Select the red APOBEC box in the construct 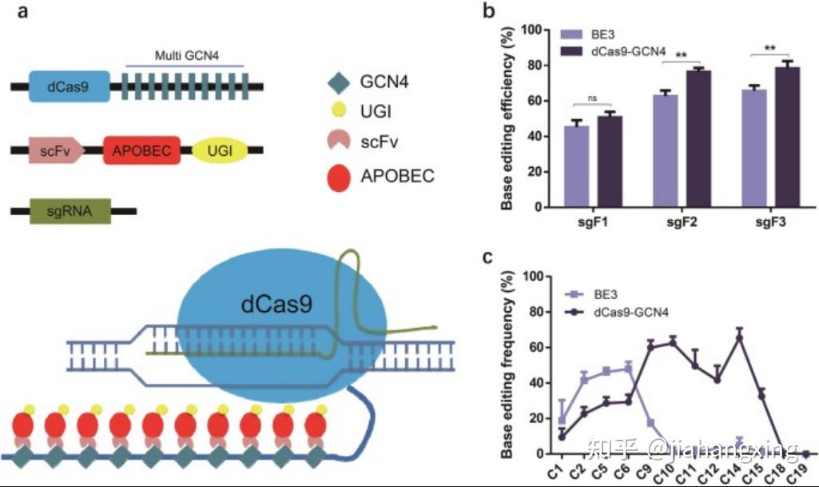(141, 150)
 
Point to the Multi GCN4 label (187, 57)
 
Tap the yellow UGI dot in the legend (338, 111)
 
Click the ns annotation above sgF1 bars (592, 98)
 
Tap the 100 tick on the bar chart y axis (533, 30)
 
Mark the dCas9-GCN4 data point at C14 (739, 337)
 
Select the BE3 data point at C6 (628, 369)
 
